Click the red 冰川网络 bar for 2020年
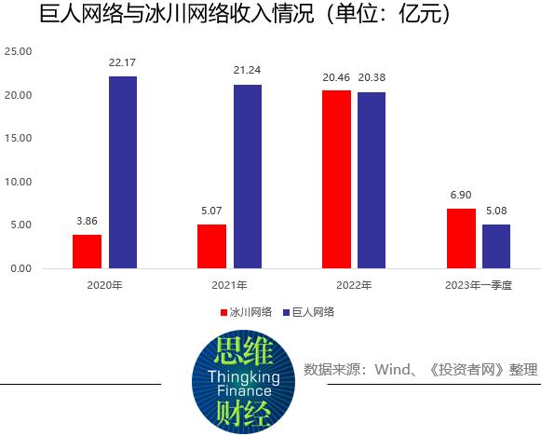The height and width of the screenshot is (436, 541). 87,252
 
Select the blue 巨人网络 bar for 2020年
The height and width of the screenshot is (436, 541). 123,172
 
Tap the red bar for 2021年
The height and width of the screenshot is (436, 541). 211,246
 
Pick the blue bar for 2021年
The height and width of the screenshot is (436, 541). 248,176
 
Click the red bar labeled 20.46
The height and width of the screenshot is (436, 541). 336,179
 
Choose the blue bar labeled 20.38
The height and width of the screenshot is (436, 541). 371,180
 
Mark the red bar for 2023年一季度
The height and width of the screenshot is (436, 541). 461,238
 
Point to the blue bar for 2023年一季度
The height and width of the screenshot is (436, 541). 496,246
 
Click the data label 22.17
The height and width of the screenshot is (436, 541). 123,62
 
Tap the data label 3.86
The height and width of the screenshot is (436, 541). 87,221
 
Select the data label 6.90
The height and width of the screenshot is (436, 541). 461,195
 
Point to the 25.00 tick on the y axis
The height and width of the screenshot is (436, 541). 18,52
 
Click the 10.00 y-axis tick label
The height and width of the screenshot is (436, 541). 18,182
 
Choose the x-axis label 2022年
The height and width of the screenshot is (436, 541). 354,284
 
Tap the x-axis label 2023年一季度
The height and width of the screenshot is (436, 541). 479,284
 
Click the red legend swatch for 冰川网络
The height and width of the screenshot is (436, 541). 223,313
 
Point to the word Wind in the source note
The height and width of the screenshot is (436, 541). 394,370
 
